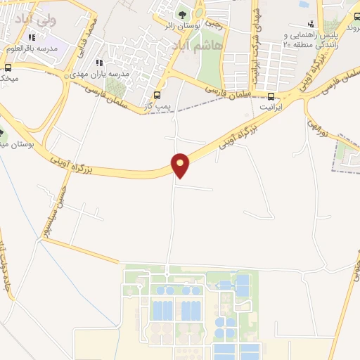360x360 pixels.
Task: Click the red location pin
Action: (181, 165)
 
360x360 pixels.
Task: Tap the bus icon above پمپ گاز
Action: (157, 96)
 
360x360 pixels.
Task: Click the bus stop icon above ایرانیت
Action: (271, 96)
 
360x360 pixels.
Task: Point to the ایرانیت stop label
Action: (271, 108)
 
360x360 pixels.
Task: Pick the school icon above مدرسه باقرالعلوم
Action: (30, 37)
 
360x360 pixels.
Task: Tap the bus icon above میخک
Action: (8, 68)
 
